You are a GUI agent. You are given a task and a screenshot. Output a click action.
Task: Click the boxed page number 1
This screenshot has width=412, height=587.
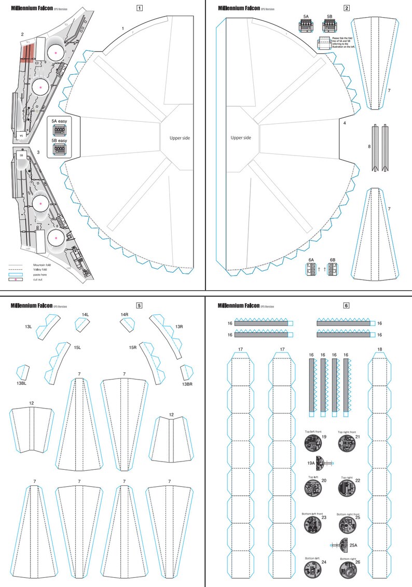pos(139,8)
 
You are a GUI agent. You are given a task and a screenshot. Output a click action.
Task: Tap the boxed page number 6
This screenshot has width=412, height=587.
pos(346,305)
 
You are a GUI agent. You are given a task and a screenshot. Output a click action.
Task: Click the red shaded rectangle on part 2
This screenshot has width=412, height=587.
pos(28,52)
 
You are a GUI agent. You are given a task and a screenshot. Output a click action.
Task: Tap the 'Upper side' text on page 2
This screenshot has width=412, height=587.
pos(241,138)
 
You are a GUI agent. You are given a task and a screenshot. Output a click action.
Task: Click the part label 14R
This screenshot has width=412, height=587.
pos(125,315)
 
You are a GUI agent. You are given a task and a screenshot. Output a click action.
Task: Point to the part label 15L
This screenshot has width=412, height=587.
pos(78,347)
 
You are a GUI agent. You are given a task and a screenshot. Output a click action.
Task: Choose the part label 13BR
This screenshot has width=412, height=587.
pos(187,384)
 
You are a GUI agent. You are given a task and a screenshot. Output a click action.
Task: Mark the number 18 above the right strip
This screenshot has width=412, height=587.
pos(380,349)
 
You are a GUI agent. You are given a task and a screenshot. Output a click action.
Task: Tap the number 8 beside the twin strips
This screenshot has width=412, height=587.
pos(369,147)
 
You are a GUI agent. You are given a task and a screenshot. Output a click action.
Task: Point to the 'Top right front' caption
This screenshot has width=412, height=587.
pos(347,431)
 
